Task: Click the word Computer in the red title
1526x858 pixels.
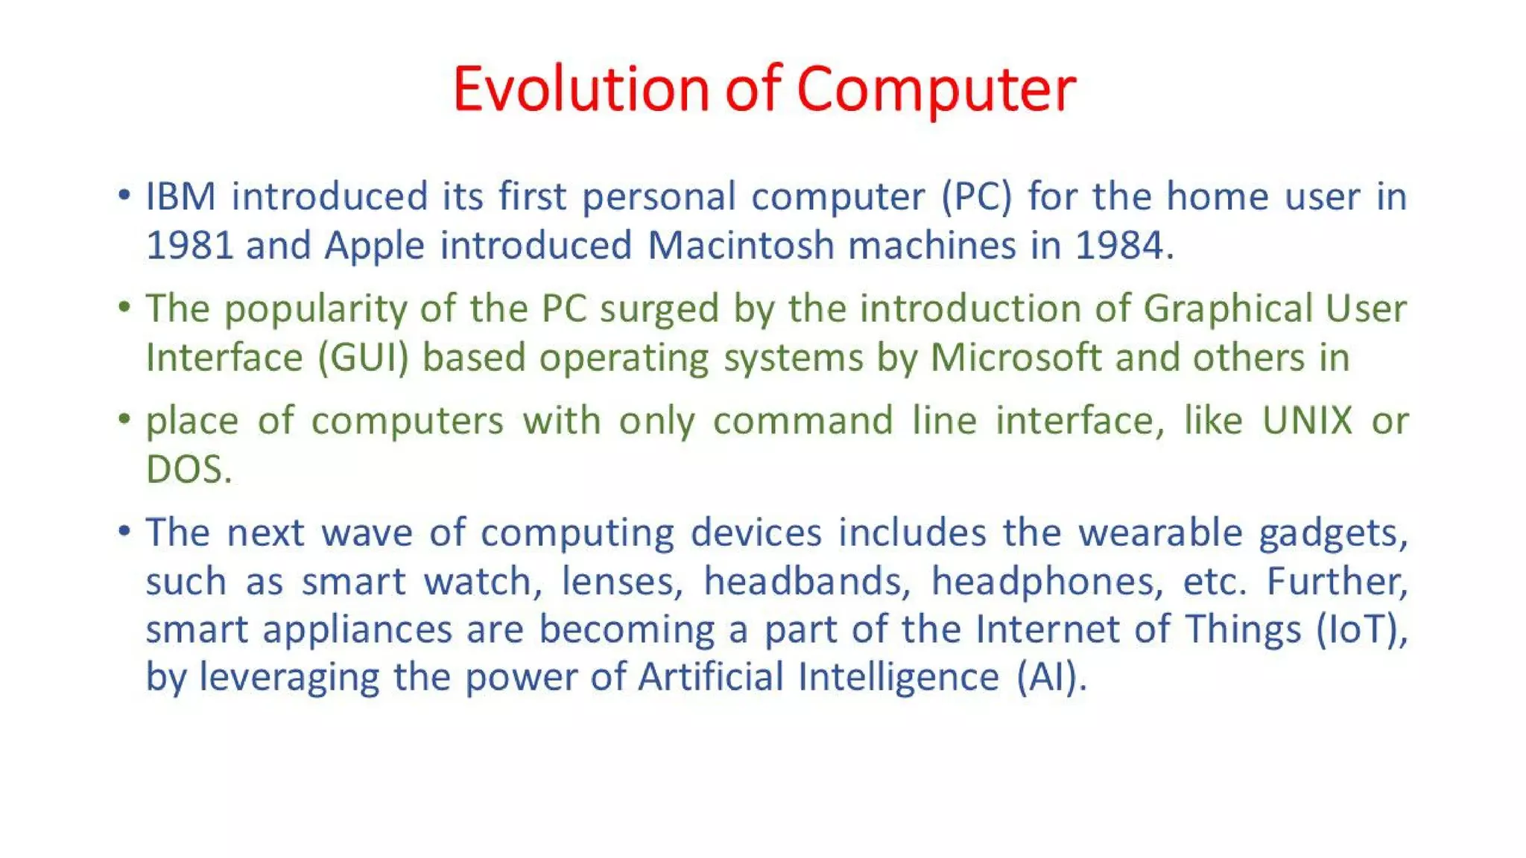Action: (935, 89)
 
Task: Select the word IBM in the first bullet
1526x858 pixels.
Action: (180, 197)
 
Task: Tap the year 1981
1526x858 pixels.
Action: (189, 246)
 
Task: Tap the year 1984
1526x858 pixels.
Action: (1119, 246)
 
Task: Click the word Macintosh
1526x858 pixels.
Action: (740, 246)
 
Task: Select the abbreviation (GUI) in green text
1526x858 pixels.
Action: (364, 358)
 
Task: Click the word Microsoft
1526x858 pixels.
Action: (1016, 357)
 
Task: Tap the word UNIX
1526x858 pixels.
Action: (1307, 421)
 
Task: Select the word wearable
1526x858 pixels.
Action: (1160, 533)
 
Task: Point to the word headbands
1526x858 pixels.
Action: (802, 582)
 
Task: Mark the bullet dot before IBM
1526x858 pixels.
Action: (124, 196)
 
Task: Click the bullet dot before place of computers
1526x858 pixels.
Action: (124, 419)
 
